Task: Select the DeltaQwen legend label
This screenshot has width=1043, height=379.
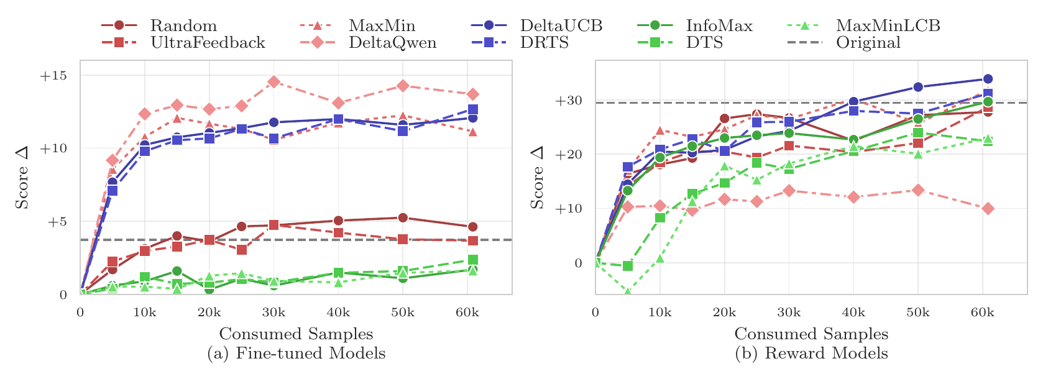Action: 392,43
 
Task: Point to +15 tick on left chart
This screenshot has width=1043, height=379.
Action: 53,76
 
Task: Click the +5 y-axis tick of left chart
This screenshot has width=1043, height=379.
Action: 57,222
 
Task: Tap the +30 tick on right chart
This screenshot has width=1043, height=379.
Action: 569,101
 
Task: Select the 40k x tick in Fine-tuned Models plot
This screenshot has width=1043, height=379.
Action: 338,313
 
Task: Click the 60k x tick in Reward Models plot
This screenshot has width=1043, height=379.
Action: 982,313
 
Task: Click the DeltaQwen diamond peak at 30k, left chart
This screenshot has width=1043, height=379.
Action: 273,82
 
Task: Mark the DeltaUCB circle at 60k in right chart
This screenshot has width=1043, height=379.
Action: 983,79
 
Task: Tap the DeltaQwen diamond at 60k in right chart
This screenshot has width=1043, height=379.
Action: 983,209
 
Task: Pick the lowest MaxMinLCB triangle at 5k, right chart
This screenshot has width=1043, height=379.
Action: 628,291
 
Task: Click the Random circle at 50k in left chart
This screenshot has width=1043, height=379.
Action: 403,217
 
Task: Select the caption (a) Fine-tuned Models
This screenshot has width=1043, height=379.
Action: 296,354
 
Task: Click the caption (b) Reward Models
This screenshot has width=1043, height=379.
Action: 811,354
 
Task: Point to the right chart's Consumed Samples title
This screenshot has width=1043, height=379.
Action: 811,334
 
